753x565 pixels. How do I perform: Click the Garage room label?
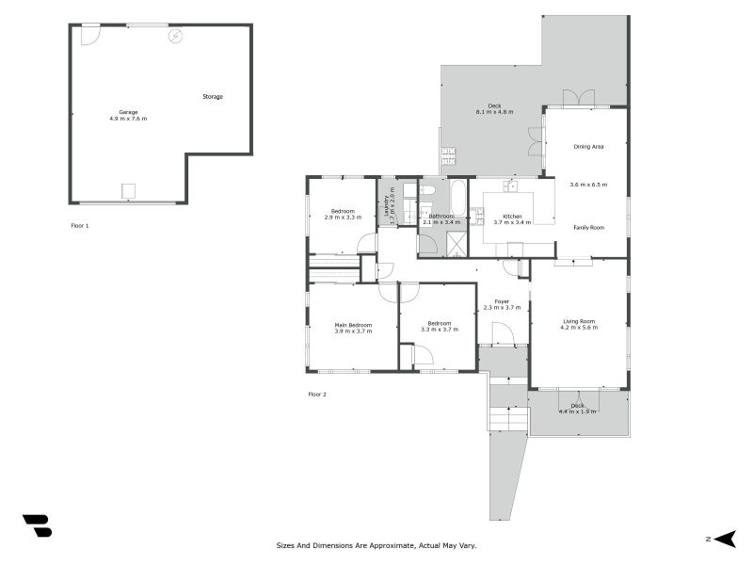pyautogui.click(x=127, y=112)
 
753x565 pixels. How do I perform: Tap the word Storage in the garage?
pyautogui.click(x=213, y=96)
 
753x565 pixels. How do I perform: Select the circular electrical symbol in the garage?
pyautogui.click(x=174, y=37)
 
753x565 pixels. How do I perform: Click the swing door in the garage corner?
pyautogui.click(x=90, y=35)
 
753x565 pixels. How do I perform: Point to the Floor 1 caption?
pyautogui.click(x=80, y=226)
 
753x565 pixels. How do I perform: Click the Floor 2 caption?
pyautogui.click(x=317, y=394)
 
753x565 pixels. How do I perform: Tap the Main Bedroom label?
pyautogui.click(x=353, y=325)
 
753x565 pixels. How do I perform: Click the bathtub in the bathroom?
pyautogui.click(x=457, y=197)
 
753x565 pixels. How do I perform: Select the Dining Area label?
pyautogui.click(x=588, y=147)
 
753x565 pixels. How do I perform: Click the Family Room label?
pyautogui.click(x=588, y=228)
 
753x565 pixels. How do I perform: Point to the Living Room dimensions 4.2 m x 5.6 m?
pyautogui.click(x=578, y=328)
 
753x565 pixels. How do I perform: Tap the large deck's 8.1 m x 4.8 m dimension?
pyautogui.click(x=493, y=112)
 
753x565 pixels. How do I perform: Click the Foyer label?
pyautogui.click(x=502, y=301)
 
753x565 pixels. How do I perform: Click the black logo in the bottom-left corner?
pyautogui.click(x=37, y=525)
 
